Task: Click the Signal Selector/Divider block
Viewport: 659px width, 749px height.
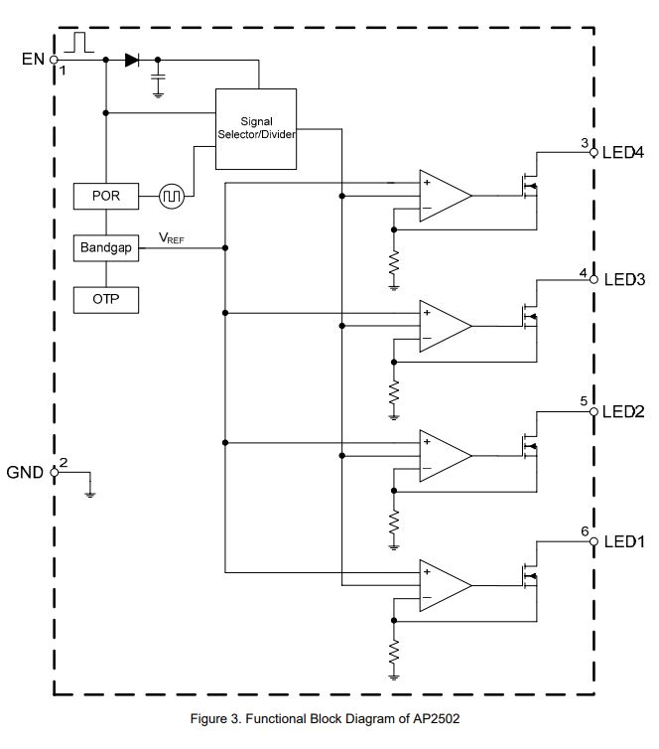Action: click(257, 127)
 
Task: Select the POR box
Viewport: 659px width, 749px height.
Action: click(105, 196)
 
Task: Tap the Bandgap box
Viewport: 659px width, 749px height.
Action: click(105, 247)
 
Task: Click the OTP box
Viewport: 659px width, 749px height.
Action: click(105, 298)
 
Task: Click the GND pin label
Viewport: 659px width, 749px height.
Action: click(25, 472)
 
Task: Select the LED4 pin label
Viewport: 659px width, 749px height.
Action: click(624, 153)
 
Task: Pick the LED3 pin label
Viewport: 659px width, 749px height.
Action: click(624, 280)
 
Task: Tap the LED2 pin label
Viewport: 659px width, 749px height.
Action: click(624, 411)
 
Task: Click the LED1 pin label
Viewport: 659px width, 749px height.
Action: click(624, 541)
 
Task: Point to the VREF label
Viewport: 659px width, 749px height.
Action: click(172, 238)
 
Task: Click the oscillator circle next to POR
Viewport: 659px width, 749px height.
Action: click(172, 196)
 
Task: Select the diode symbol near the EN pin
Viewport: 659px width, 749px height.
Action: click(131, 60)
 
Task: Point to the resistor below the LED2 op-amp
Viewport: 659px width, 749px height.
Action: click(394, 521)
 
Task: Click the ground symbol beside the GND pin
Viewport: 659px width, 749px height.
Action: click(90, 492)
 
